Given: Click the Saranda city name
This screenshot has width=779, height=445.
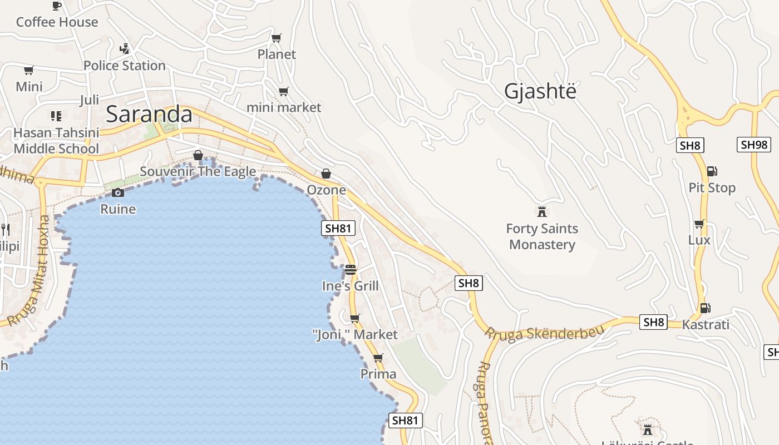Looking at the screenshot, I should point(149,115).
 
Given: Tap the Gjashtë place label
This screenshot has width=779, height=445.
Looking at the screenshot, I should point(540,91).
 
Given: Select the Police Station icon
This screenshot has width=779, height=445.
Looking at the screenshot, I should point(125,49).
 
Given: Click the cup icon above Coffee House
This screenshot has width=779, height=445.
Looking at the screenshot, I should point(56,6).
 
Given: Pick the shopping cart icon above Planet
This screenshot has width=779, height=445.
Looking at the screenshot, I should point(276,38).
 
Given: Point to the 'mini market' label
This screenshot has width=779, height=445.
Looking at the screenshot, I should point(284,107).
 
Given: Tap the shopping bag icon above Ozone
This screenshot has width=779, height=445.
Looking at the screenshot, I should point(326,174).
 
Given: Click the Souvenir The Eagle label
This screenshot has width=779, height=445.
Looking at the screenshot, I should point(198,171).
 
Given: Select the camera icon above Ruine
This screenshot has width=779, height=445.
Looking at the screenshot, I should point(118,193).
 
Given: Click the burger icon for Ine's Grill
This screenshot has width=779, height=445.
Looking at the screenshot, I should point(351,270).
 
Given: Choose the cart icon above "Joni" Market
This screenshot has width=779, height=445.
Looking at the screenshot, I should point(354,319).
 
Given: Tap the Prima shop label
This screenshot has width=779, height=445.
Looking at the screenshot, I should point(378,374).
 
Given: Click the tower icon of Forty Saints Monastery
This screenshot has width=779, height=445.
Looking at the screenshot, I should point(541,212).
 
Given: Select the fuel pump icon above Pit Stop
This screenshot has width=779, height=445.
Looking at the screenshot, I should point(712,171).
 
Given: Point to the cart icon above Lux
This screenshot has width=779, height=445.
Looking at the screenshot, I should point(699,224).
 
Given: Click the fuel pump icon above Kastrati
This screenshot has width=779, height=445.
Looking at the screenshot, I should point(705,308).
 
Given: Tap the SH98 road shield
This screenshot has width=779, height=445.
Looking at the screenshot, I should point(754,145).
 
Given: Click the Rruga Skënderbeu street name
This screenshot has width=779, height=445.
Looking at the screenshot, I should point(544,333).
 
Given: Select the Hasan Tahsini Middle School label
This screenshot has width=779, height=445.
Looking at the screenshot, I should point(56,141).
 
